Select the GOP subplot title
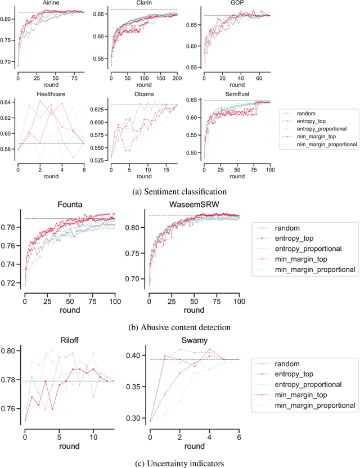[236, 3]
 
